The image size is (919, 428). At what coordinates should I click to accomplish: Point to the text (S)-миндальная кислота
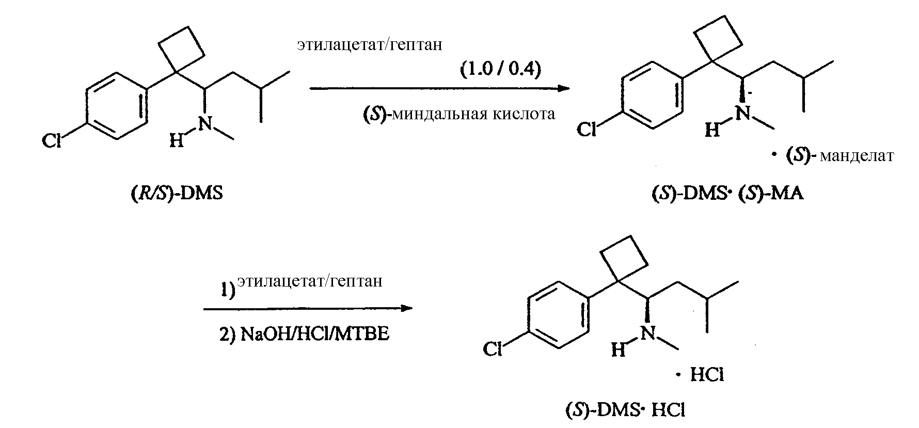pyautogui.click(x=459, y=113)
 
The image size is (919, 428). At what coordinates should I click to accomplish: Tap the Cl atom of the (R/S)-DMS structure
pyautogui.click(x=52, y=140)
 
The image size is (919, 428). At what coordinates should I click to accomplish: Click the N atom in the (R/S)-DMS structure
pyautogui.click(x=206, y=122)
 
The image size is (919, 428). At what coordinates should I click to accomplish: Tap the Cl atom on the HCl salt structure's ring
pyautogui.click(x=493, y=350)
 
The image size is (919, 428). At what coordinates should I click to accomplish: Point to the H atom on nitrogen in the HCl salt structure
pyautogui.click(x=618, y=351)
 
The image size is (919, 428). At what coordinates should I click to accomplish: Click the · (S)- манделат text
pyautogui.click(x=833, y=156)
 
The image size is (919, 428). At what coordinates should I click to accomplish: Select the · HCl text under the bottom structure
pyautogui.click(x=701, y=375)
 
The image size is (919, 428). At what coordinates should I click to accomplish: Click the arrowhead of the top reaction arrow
pyautogui.click(x=564, y=88)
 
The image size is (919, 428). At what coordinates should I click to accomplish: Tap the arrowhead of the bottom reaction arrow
pyautogui.click(x=407, y=309)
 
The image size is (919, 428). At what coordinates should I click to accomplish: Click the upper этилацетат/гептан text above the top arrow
pyautogui.click(x=369, y=45)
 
